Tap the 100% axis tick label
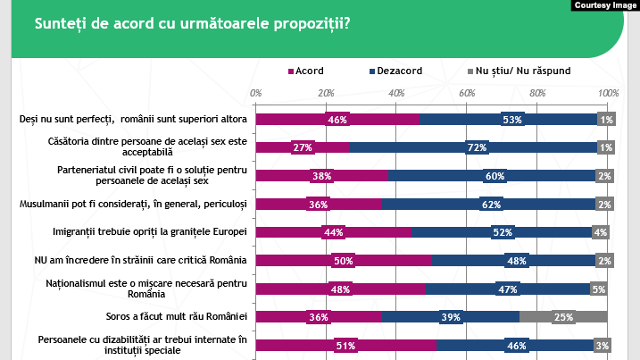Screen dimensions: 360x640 point(608,93)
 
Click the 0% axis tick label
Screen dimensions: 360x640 point(256,93)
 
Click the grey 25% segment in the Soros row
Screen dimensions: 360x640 point(563,317)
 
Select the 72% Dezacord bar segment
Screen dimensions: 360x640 point(476,148)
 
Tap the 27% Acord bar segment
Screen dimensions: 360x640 point(303,148)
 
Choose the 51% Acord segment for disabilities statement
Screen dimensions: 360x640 point(345,345)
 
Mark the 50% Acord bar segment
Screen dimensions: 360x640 point(344,261)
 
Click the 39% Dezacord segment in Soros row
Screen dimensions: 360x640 point(451,317)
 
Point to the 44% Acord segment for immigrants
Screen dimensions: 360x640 point(333,232)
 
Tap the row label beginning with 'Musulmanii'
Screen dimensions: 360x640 point(133,205)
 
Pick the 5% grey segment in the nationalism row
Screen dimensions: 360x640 point(599,289)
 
